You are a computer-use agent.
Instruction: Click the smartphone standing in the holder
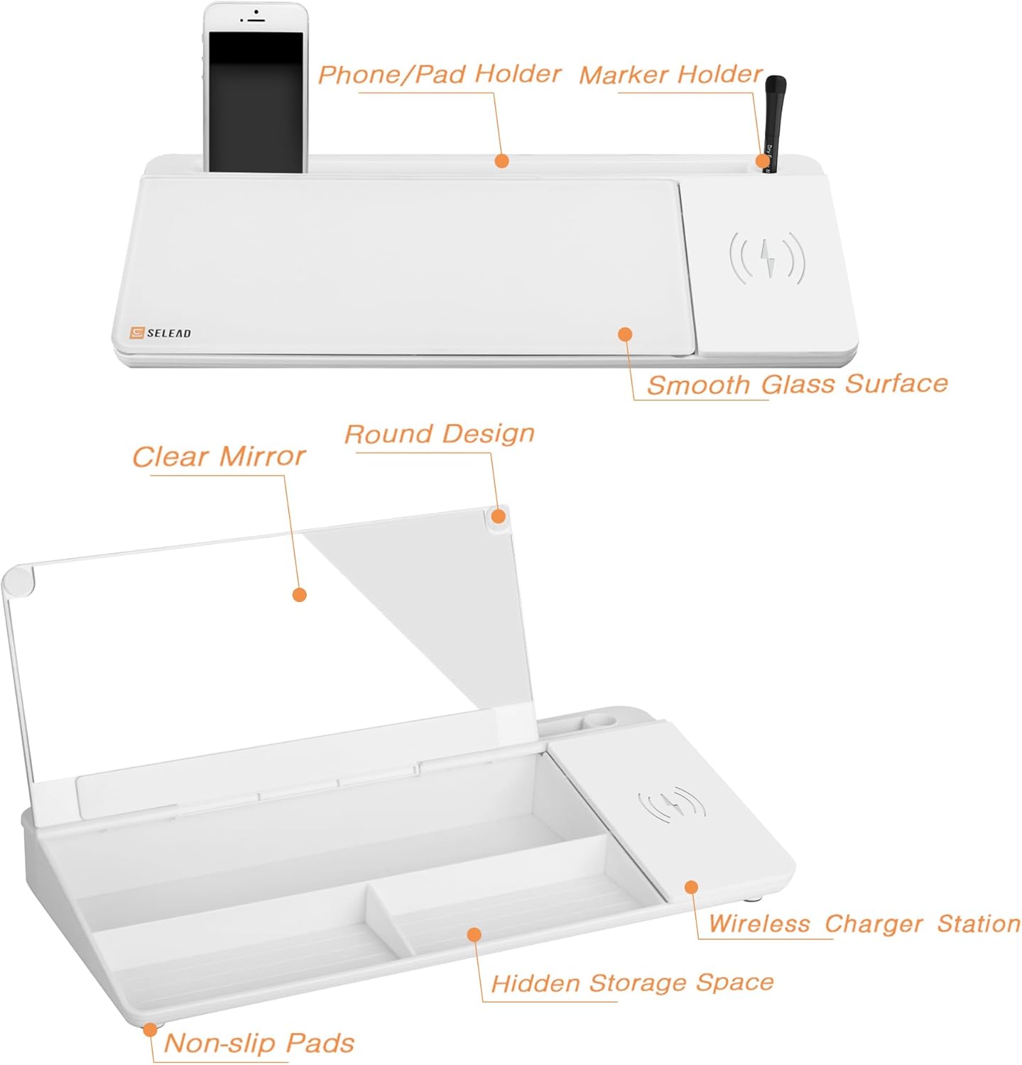point(256,87)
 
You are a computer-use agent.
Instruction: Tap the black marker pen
point(773,124)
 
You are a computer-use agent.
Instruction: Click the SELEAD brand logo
point(161,333)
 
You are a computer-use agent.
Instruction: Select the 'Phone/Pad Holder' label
point(439,74)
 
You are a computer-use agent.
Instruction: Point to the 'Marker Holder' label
point(670,74)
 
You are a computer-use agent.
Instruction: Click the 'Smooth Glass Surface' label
point(797,384)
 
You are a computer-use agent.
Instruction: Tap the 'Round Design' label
point(439,434)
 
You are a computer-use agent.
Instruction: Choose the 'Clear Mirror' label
point(219,457)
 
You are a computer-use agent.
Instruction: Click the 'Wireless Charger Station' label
point(864,924)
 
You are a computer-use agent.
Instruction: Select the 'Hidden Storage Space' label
point(632,983)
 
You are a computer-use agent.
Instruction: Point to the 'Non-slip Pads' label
point(259,1043)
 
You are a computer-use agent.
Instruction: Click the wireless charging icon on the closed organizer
point(767,257)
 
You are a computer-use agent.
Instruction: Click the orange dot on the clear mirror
point(300,594)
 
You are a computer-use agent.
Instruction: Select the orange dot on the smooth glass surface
point(625,334)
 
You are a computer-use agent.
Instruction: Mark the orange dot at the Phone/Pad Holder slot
point(502,161)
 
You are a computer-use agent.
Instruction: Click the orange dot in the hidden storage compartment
point(474,934)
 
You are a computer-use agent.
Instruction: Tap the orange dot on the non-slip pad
point(150,1029)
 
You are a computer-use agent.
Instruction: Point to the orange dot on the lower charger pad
point(691,887)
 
